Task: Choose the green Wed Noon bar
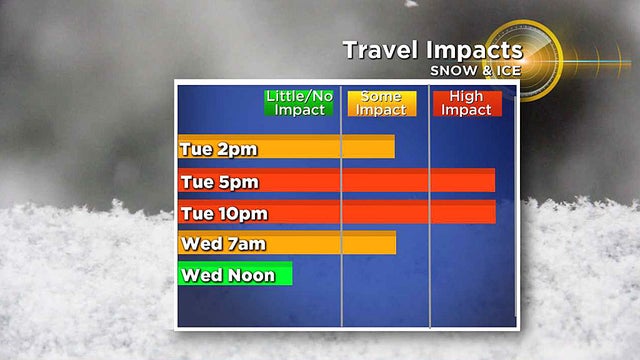click(235, 274)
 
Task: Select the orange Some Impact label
click(381, 103)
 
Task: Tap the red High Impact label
click(467, 103)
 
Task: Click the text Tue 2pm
click(218, 149)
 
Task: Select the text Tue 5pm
click(219, 182)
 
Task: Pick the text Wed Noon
click(228, 275)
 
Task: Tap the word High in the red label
click(467, 97)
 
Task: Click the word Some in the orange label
click(381, 97)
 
